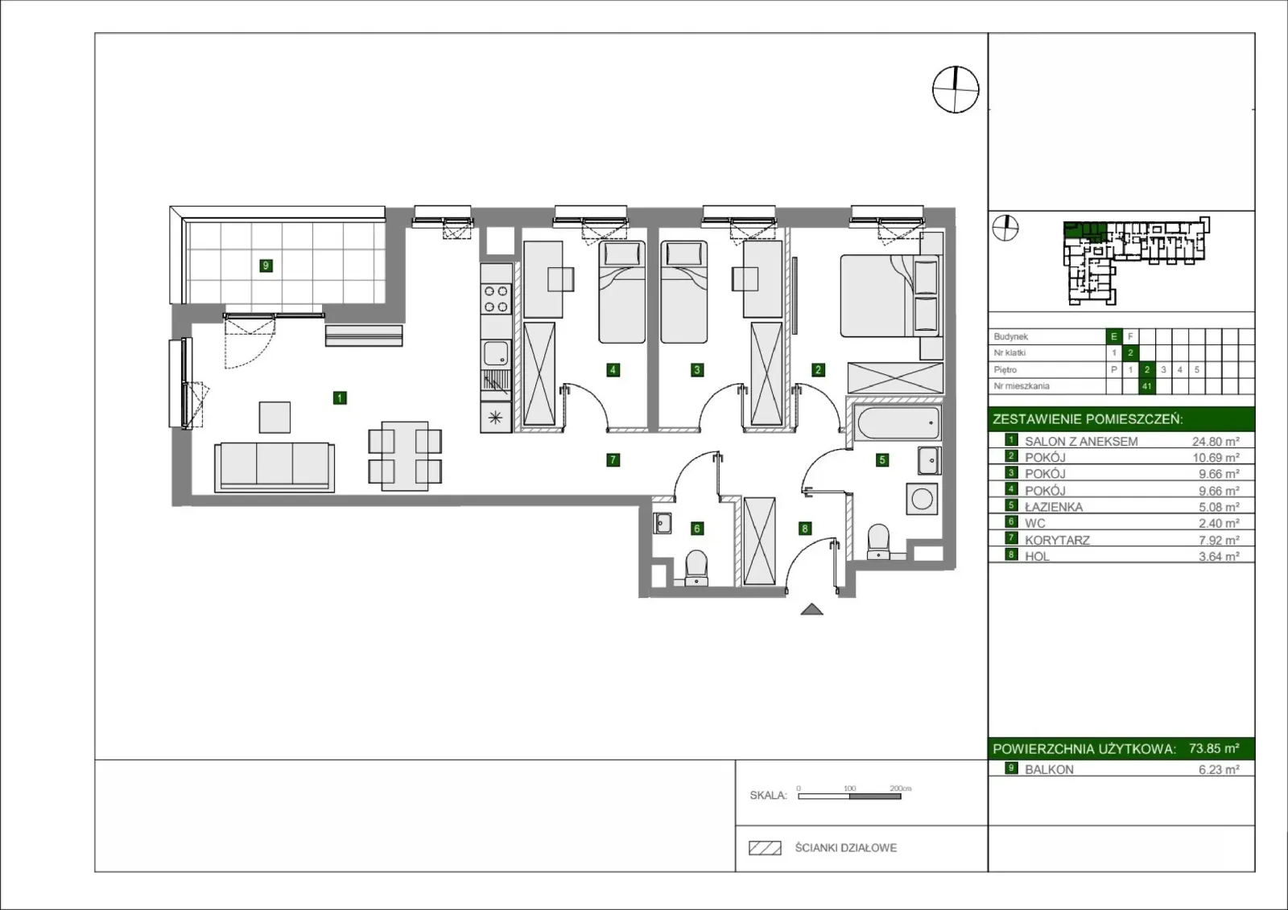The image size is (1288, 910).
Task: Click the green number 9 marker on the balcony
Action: pos(266,266)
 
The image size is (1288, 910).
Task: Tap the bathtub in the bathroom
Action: pos(897,423)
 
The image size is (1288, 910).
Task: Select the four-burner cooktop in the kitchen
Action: pos(496,299)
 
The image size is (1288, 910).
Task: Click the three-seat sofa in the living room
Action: pos(275,467)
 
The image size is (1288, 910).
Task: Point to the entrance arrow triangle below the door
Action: pos(812,609)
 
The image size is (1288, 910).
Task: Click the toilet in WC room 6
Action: pos(696,568)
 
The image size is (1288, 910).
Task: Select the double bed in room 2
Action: pos(890,296)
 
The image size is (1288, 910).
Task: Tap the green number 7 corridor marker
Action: pos(613,460)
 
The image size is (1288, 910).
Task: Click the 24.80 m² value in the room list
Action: pos(1215,442)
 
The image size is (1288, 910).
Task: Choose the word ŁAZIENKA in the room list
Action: pos(1054,507)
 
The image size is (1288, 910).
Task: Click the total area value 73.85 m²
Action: pos(1214,748)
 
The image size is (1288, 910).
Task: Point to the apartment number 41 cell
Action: pos(1146,386)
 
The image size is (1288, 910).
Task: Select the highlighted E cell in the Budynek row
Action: pos(1114,336)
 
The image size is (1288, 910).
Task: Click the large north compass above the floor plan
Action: pos(955,89)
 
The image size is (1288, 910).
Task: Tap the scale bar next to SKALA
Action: pos(849,797)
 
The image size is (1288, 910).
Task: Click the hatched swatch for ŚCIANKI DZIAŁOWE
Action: pos(765,848)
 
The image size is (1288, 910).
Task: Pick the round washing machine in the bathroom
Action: pos(922,499)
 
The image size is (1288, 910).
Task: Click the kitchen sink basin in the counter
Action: pos(496,353)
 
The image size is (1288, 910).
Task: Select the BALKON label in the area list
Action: pos(1049,770)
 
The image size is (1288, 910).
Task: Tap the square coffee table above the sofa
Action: pos(275,418)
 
